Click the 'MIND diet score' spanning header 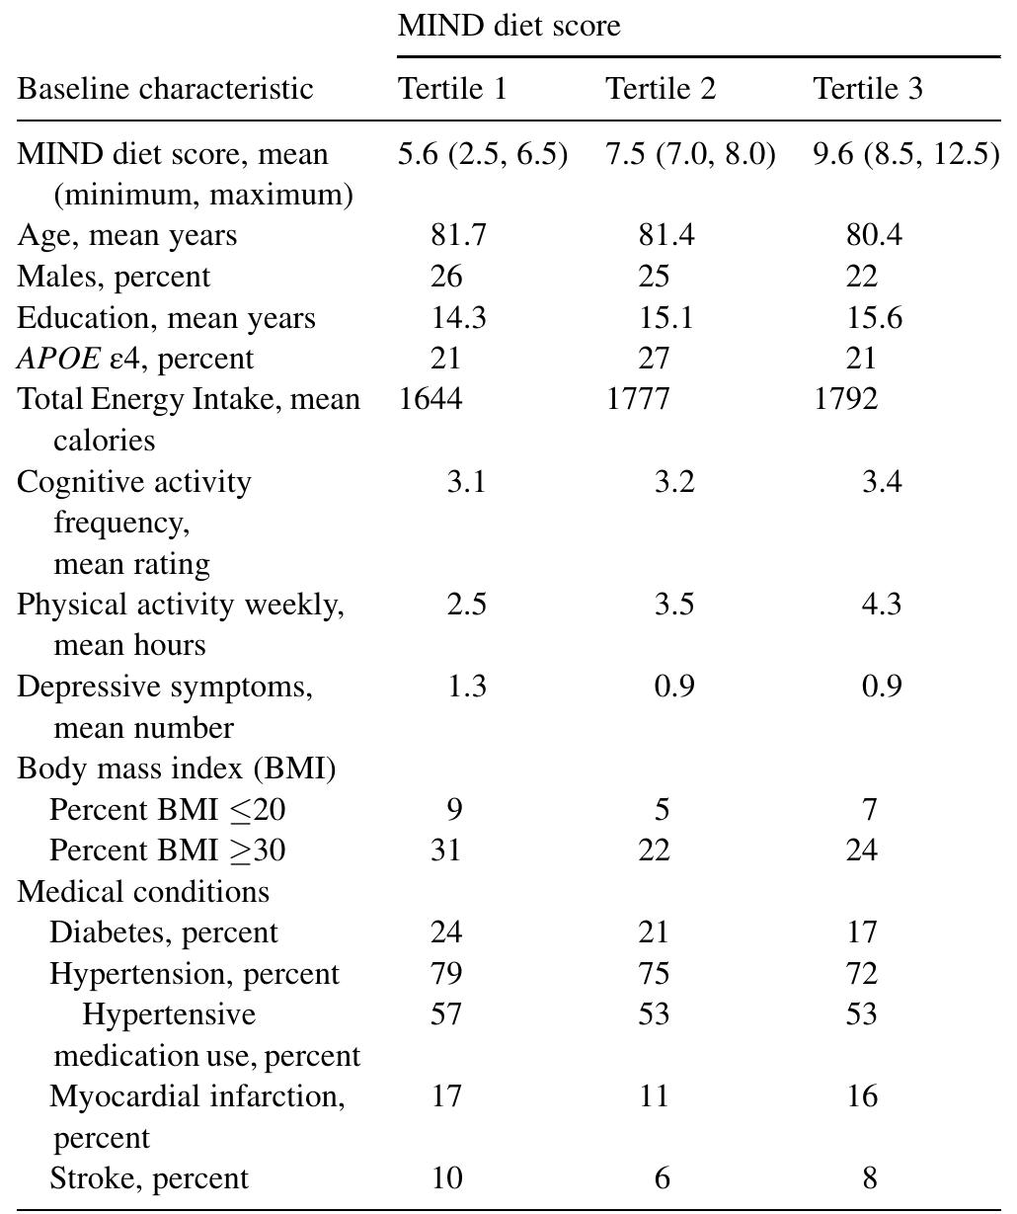[x=508, y=25]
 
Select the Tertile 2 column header [x=660, y=89]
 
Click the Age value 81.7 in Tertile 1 [x=458, y=235]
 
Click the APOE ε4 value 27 [x=653, y=358]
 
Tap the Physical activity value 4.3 [x=881, y=604]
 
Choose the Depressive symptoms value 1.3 [x=466, y=686]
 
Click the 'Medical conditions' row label [x=143, y=891]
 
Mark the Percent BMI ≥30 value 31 [x=446, y=850]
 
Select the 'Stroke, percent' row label [x=149, y=1178]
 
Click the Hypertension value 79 [x=446, y=974]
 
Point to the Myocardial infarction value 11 [x=653, y=1096]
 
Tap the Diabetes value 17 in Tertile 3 [x=861, y=932]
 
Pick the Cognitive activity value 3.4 [x=881, y=482]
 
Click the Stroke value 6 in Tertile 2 [x=662, y=1178]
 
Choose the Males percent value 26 [x=446, y=277]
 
